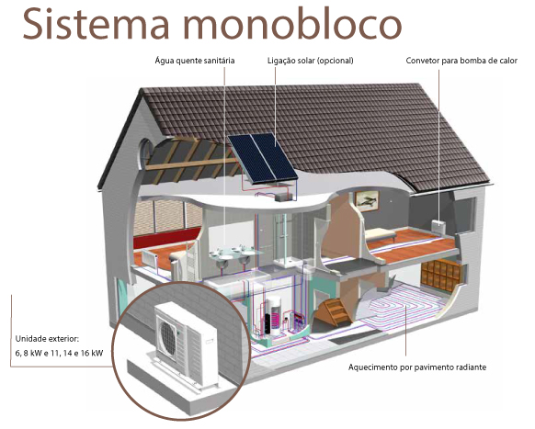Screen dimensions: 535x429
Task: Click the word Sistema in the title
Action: click(x=96, y=23)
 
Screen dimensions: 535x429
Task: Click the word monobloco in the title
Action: click(x=292, y=23)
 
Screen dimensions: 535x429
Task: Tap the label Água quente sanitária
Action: click(x=195, y=61)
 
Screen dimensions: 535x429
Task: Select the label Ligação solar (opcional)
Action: click(x=311, y=61)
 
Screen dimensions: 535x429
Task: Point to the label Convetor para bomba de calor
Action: click(x=461, y=61)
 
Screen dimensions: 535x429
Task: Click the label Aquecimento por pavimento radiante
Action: click(x=417, y=367)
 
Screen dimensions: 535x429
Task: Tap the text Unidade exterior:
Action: click(x=47, y=339)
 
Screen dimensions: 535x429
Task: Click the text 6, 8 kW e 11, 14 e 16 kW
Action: click(x=59, y=354)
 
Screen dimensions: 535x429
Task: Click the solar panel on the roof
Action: click(x=262, y=158)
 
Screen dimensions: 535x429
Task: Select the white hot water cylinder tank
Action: click(x=274, y=315)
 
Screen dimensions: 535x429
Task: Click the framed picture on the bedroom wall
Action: click(x=367, y=200)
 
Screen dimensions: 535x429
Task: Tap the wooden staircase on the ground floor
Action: click(x=334, y=311)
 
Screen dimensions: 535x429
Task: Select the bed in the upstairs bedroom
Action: click(x=381, y=234)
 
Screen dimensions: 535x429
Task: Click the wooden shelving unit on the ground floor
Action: click(x=440, y=274)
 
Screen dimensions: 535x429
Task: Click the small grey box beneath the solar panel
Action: click(x=283, y=197)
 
